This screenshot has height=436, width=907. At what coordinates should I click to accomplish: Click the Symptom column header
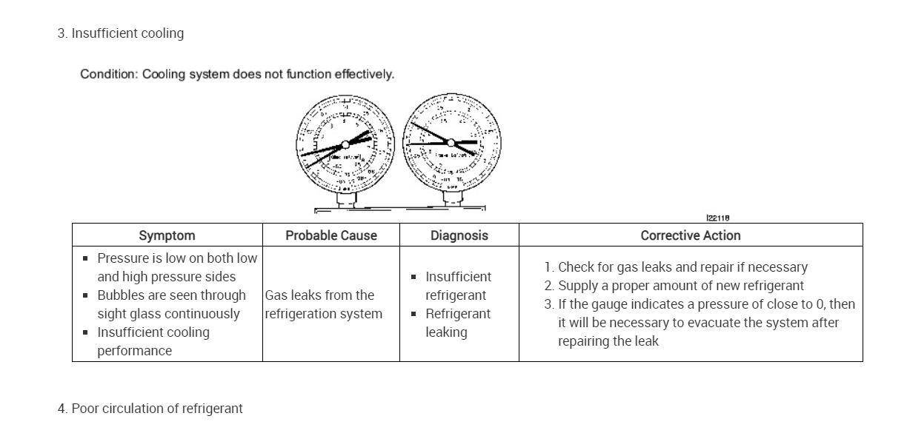click(167, 235)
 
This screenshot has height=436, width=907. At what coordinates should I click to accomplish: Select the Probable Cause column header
click(331, 235)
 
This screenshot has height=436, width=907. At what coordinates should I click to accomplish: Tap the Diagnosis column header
click(459, 235)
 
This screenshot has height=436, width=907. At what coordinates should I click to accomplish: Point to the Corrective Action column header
click(691, 235)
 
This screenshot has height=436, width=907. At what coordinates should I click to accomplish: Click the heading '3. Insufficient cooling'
click(121, 33)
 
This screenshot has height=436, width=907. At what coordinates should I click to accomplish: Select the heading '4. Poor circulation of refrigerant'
click(150, 409)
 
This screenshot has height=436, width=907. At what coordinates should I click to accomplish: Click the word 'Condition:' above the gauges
click(109, 74)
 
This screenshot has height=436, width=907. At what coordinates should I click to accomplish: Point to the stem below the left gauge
click(345, 199)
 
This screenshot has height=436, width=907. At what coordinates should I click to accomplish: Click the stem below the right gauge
click(452, 198)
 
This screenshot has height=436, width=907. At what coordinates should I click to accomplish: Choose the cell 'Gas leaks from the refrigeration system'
click(323, 304)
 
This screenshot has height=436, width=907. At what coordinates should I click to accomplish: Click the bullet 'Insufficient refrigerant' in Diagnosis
click(457, 286)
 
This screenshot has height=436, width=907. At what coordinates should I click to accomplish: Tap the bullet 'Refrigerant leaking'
click(457, 323)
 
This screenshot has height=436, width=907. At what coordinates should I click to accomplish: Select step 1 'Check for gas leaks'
click(675, 267)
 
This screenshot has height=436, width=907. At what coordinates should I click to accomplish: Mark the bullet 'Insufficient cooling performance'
click(153, 341)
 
